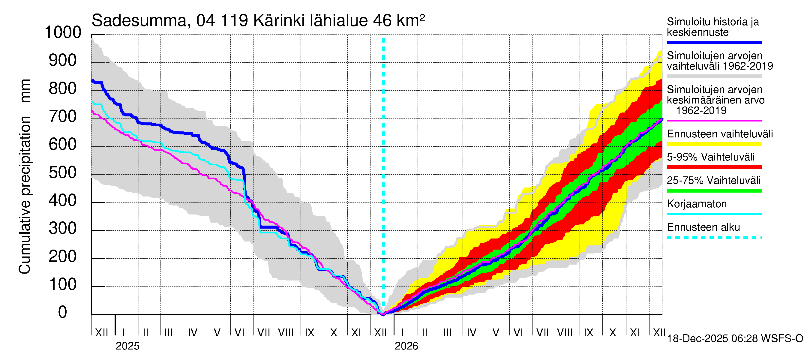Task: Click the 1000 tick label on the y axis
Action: [63, 32]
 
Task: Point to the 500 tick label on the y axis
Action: [63, 172]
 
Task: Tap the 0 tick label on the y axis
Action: [63, 312]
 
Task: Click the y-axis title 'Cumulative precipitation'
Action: [25, 195]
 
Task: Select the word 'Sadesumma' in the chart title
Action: [139, 21]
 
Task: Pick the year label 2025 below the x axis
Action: [127, 346]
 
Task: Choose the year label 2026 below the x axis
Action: [406, 346]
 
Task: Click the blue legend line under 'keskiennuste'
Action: [714, 42]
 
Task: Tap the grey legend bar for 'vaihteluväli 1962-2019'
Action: [714, 76]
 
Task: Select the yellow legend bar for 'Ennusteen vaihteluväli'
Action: [714, 144]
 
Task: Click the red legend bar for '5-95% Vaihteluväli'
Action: [714, 167]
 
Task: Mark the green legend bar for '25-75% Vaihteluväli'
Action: [714, 190]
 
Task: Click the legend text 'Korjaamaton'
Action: [697, 204]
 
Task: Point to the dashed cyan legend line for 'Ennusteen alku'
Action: [714, 237]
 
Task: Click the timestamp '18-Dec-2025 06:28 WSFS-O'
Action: [735, 339]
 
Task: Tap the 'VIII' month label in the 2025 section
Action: [286, 333]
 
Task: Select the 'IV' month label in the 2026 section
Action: [471, 333]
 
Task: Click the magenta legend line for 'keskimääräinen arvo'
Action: [714, 121]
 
